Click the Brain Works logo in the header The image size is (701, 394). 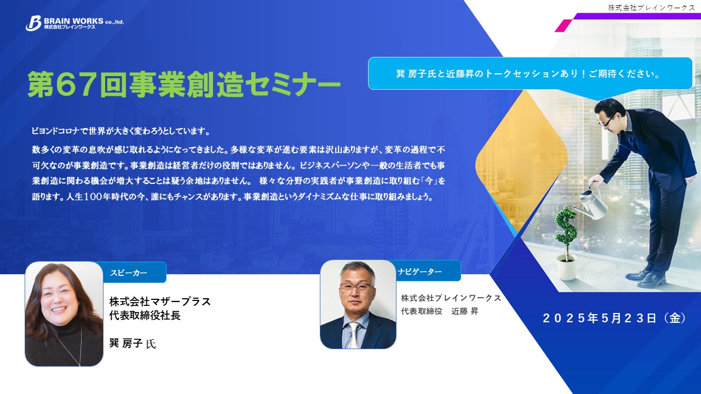click(x=74, y=24)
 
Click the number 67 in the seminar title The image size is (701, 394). click(x=77, y=84)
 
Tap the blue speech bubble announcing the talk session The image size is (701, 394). click(x=530, y=74)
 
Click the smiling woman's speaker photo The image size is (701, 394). click(x=64, y=314)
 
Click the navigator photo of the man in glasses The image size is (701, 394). click(x=358, y=304)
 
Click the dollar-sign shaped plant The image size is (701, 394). click(x=566, y=230)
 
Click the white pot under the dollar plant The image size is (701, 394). click(x=567, y=268)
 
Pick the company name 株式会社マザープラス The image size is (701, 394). click(x=160, y=302)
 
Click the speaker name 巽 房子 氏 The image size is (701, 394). click(x=133, y=343)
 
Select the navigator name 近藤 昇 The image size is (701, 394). click(x=465, y=311)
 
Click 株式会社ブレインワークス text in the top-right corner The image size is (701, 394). click(x=652, y=8)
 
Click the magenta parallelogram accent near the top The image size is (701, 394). click(x=564, y=26)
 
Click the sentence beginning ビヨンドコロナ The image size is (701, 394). click(x=121, y=131)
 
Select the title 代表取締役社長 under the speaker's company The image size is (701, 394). click(x=145, y=316)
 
